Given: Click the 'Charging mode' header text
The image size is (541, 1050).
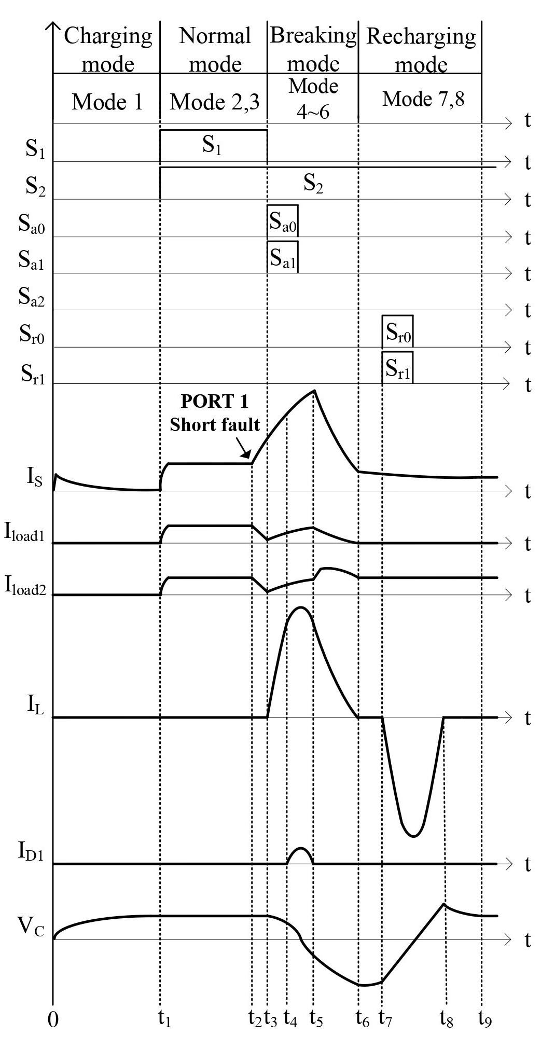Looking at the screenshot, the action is [108, 50].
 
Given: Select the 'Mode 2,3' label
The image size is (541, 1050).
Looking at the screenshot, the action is [215, 102].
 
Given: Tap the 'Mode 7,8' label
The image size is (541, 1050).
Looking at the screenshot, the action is [423, 99].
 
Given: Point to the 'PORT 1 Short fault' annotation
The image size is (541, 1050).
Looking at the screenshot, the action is [215, 413].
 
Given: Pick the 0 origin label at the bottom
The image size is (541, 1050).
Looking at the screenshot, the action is [53, 1019].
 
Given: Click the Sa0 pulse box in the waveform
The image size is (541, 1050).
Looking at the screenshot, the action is [283, 221].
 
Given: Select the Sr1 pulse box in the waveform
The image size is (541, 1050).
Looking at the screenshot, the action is [398, 367].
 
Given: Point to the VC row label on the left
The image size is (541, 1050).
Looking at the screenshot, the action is [31, 926].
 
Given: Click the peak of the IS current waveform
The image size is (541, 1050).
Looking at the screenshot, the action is [314, 391].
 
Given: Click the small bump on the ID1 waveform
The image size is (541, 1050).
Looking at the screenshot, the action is [300, 849].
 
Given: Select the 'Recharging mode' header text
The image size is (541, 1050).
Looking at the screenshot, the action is [421, 50].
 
